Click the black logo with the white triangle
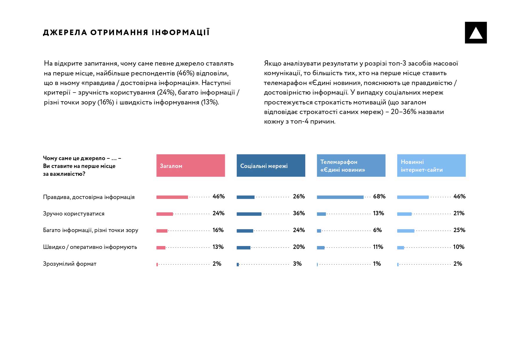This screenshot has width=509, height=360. (x=476, y=33)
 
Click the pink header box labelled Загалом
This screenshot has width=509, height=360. (x=190, y=166)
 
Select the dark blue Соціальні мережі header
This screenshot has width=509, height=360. (x=271, y=166)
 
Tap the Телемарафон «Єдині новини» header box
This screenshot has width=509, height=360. (x=351, y=166)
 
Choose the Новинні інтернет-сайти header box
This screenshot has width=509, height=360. (x=431, y=166)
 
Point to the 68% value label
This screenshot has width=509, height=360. (x=379, y=197)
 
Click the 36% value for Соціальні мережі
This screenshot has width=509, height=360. (x=299, y=214)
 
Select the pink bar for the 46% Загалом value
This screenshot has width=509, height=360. (x=172, y=197)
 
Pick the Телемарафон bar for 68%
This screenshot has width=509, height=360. (x=340, y=197)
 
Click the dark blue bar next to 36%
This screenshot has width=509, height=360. (x=249, y=214)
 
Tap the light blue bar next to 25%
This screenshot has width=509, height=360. (x=405, y=231)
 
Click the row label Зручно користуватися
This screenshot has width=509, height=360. (x=74, y=214)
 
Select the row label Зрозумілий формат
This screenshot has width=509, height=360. (x=70, y=264)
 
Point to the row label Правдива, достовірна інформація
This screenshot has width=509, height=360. (x=89, y=197)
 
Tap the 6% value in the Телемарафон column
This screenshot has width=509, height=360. (x=377, y=230)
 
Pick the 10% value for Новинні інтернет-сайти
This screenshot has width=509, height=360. (x=459, y=247)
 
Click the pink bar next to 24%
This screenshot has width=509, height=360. (x=165, y=214)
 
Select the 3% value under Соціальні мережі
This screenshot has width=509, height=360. (x=297, y=264)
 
